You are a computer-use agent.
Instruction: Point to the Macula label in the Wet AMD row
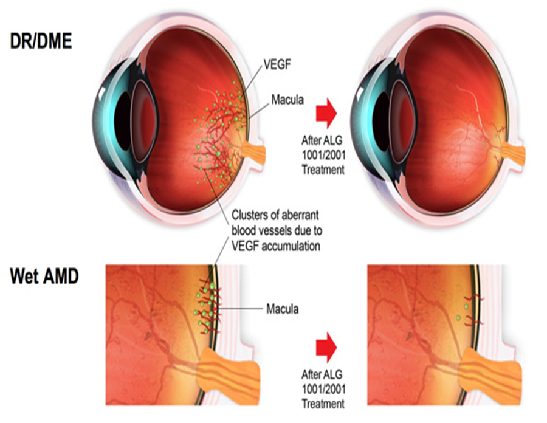pyautogui.click(x=282, y=309)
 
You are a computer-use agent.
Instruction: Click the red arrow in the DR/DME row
pyautogui.click(x=326, y=113)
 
